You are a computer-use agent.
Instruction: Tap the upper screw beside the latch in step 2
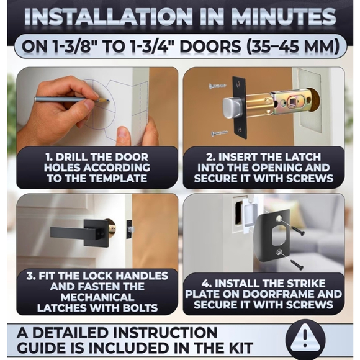(x=217, y=86)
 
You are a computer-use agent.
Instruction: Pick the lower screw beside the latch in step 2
(x=219, y=132)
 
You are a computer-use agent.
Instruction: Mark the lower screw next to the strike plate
(x=292, y=259)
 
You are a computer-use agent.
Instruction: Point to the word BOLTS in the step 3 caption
(x=139, y=307)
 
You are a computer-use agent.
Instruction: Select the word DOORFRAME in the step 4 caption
(x=305, y=293)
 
